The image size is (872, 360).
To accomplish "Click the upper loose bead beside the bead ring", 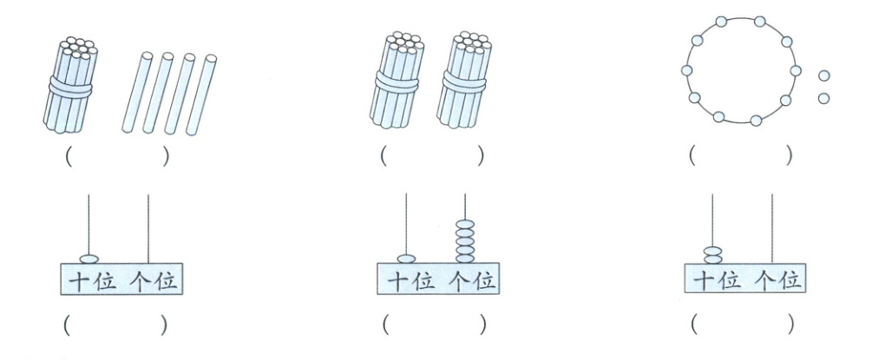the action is point(823,76).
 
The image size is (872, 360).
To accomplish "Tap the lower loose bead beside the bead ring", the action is point(823,97).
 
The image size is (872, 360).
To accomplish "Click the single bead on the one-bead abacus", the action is point(89,258).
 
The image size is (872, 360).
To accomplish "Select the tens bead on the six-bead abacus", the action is point(406,258).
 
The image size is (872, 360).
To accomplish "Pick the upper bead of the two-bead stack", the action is point(712,250).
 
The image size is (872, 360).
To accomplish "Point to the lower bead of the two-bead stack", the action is point(712,259).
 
